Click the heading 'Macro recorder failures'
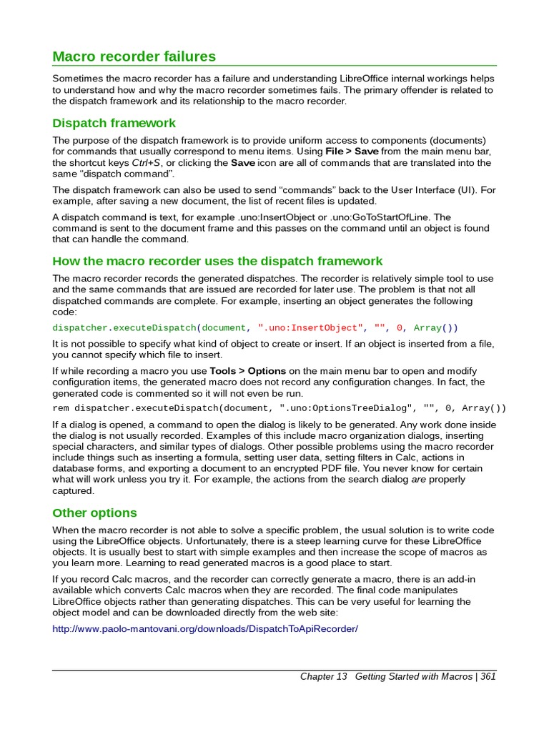click(134, 56)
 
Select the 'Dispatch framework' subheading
click(114, 123)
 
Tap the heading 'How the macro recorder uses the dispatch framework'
click(218, 261)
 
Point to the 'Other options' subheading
click(94, 513)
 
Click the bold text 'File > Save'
click(352, 152)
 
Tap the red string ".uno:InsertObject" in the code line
click(310, 328)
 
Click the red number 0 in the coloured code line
click(401, 328)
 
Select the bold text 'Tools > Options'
click(247, 372)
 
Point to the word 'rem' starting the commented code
click(61, 408)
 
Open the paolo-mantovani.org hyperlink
click(205, 628)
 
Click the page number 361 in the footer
click(488, 677)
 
